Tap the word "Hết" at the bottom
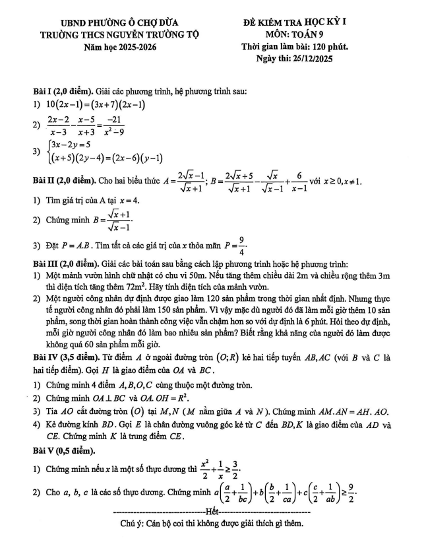(x=212, y=512)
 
